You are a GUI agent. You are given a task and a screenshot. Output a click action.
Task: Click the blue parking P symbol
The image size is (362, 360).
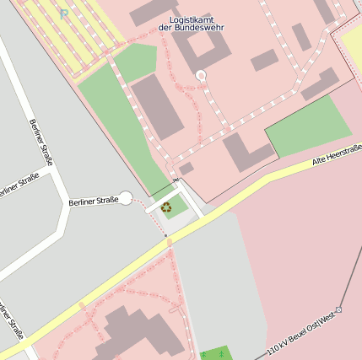coord(65,13)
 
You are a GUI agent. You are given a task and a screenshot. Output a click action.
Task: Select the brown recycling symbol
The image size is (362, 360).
coord(166,207)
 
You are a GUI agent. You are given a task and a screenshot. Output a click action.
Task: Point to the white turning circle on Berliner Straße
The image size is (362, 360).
coord(126,198)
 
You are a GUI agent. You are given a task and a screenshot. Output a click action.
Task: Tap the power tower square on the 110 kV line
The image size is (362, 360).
coord(338,309)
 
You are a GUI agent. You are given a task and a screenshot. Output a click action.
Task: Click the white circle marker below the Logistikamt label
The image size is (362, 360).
coord(201,76)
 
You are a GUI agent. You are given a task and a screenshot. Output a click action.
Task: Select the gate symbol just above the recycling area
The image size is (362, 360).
coord(176,180)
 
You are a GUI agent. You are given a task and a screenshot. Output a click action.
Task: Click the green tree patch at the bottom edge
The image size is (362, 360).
coord(217,352)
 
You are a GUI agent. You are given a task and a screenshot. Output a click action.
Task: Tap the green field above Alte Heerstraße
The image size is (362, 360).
coord(307,126)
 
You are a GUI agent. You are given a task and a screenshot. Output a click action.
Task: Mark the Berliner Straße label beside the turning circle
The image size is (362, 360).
coord(93,201)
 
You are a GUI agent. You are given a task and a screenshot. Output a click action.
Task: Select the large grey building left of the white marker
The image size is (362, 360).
coord(156,105)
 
